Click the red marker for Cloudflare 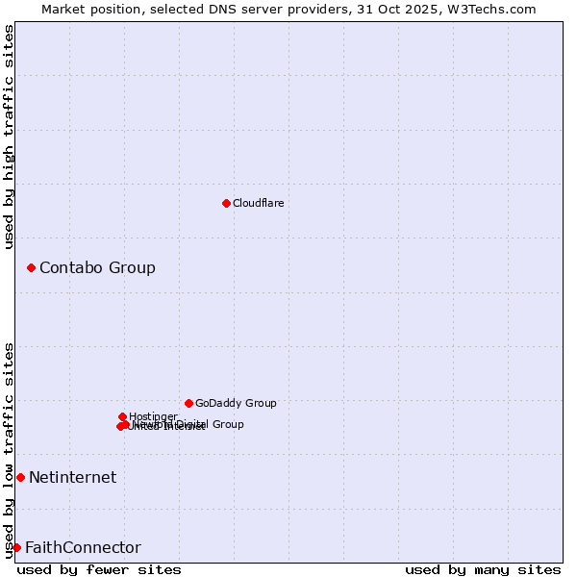226,203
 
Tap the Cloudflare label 258,203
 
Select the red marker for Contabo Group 31,267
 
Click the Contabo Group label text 97,267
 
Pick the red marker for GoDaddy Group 188,403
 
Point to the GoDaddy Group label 236,403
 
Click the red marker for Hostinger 122,416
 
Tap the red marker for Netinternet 20,477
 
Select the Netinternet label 72,477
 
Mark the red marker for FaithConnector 16,547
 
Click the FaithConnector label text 83,547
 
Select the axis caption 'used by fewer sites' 99,569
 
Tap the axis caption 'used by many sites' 483,569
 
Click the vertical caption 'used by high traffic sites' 9,138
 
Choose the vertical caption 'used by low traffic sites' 9,449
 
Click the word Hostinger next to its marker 153,416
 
